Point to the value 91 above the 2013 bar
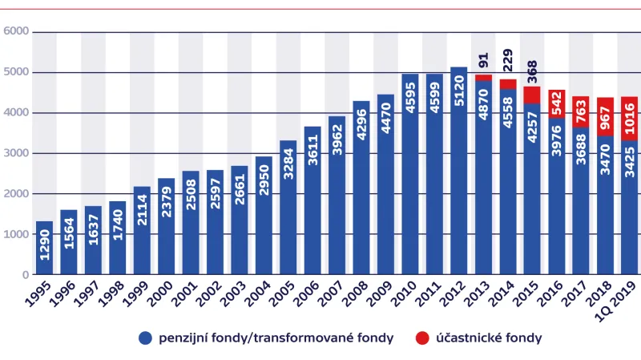[483, 62]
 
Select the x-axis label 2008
[356, 299]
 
